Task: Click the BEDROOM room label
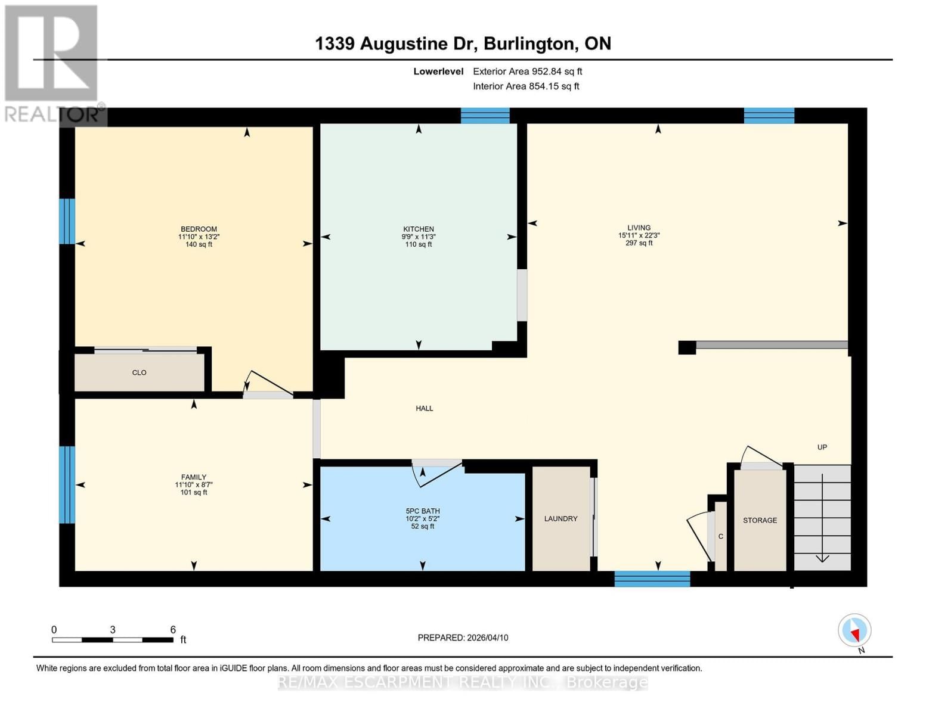pyautogui.click(x=199, y=229)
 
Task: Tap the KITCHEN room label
pyautogui.click(x=418, y=229)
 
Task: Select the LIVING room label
pyautogui.click(x=639, y=228)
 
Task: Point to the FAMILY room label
pyautogui.click(x=194, y=477)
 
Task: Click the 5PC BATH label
pyautogui.click(x=422, y=511)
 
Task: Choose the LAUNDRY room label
pyautogui.click(x=560, y=519)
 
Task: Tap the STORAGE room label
pyautogui.click(x=760, y=520)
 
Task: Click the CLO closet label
pyautogui.click(x=139, y=372)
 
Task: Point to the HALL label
pyautogui.click(x=424, y=408)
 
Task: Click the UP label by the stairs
pyautogui.click(x=822, y=447)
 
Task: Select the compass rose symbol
pyautogui.click(x=854, y=630)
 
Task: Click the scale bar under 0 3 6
pyautogui.click(x=113, y=640)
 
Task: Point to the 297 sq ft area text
pyautogui.click(x=639, y=243)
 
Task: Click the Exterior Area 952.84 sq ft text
pyautogui.click(x=527, y=71)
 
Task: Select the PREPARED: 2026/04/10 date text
pyautogui.click(x=463, y=638)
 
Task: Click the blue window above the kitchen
pyautogui.click(x=485, y=116)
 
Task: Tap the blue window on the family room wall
pyautogui.click(x=67, y=484)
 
